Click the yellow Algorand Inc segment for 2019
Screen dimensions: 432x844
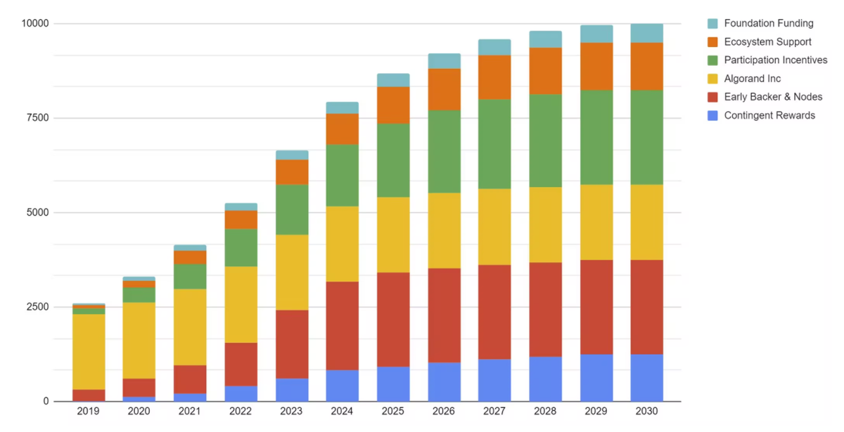coord(89,351)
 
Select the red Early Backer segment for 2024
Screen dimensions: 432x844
coord(342,326)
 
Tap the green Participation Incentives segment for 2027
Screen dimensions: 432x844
coord(494,144)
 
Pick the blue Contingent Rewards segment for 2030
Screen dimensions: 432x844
coord(646,378)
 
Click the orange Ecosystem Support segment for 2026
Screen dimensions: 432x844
coord(444,89)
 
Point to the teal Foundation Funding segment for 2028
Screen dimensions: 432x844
coord(545,39)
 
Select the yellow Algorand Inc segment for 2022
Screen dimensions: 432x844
coord(241,304)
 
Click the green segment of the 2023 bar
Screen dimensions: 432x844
coord(291,209)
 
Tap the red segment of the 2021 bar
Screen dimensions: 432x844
coord(190,379)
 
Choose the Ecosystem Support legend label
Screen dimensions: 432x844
coord(767,41)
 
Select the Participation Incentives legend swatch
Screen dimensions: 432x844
coord(712,60)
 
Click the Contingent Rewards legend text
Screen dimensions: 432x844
coord(769,115)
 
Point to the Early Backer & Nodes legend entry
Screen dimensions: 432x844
coord(773,97)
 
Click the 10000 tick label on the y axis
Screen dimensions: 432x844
coord(35,23)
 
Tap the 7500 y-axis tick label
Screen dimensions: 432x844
coord(37,118)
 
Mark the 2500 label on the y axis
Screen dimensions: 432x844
coord(37,307)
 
